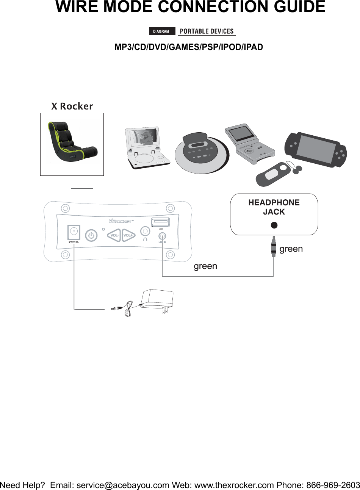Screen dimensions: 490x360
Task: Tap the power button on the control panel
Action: pos(91,235)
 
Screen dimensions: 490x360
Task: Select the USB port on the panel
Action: pos(161,222)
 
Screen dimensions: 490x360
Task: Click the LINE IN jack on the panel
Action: pos(162,236)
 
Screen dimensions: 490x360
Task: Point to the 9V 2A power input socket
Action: pos(74,231)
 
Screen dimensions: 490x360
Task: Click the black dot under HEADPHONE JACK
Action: pos(274,225)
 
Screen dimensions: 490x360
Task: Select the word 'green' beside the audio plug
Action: pos(291,249)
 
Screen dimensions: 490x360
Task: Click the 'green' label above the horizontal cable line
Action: pos(205,266)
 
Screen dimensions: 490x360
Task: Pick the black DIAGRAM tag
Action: pos(162,31)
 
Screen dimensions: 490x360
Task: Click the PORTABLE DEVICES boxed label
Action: pos(207,31)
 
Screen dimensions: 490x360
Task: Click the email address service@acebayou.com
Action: pos(123,485)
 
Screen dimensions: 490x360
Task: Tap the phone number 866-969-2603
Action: pos(333,485)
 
